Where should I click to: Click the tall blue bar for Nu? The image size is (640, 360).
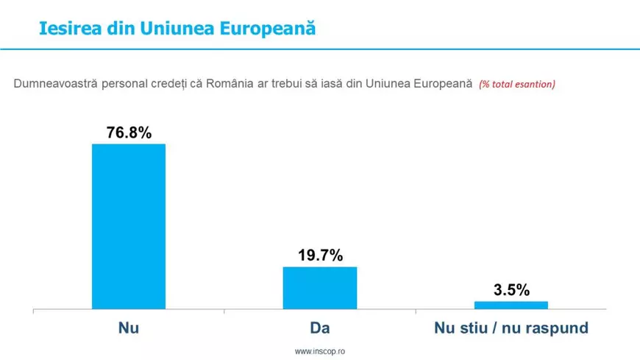(128, 226)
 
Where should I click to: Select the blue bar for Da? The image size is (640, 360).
(320, 288)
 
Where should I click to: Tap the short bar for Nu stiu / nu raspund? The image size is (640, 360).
(511, 305)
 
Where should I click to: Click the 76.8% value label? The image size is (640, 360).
(129, 133)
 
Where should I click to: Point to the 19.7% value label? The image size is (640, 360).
(320, 255)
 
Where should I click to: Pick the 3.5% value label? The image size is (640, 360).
(511, 290)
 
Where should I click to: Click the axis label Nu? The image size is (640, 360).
(128, 328)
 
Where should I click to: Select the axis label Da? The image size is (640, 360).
(320, 328)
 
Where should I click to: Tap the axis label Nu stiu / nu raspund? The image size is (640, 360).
(511, 328)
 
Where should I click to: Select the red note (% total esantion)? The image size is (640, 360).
(516, 84)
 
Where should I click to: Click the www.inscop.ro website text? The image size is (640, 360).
(320, 352)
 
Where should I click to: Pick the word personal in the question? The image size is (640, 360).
(121, 84)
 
